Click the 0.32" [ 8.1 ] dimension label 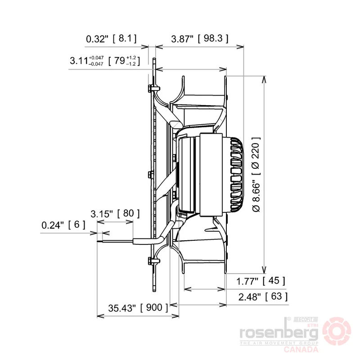coord(111,39)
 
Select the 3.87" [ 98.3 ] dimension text coord(200,39)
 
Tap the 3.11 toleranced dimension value coord(86,61)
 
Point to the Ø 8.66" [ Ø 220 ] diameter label coord(256,175)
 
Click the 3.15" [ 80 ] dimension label coord(115,213)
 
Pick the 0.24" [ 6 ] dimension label coord(63,225)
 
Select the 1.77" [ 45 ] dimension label coord(261,280)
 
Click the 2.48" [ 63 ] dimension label coord(263,297)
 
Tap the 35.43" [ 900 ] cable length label coord(138,308)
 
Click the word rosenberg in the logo coord(279,333)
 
